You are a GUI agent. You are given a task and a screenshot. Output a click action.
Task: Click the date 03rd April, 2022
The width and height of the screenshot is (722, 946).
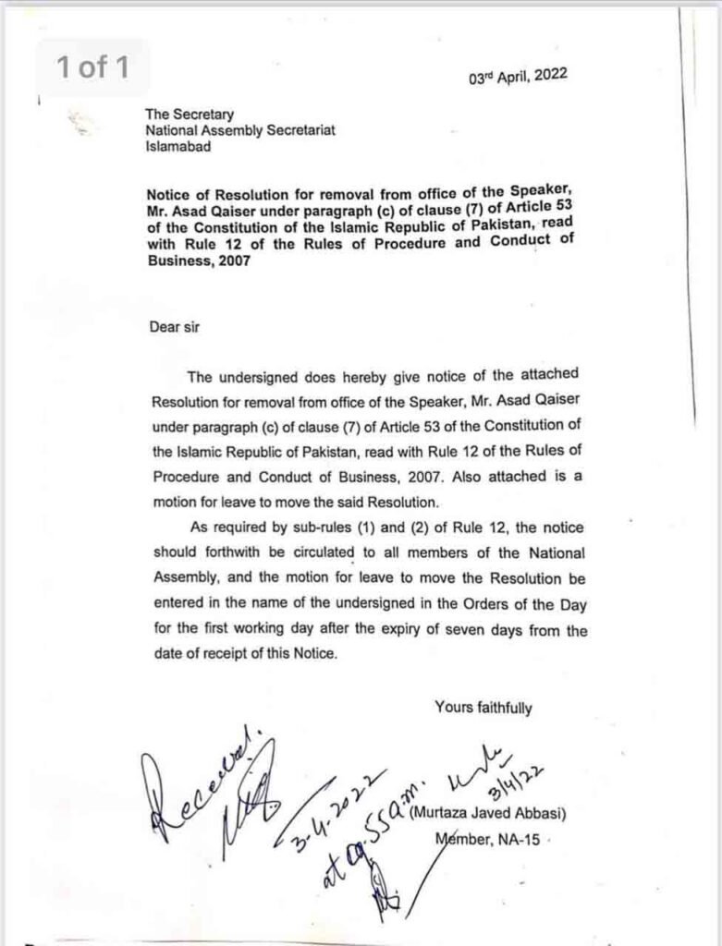tap(519, 77)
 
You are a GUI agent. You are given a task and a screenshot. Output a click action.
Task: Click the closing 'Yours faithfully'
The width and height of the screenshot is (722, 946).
tap(483, 708)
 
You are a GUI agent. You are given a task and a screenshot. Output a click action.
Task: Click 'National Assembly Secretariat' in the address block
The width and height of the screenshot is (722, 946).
tap(239, 131)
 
